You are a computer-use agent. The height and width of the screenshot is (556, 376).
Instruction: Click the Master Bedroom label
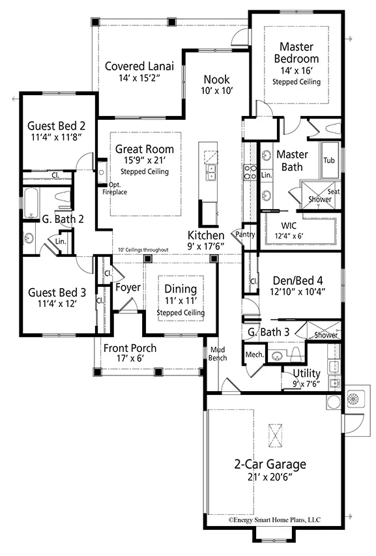(296, 53)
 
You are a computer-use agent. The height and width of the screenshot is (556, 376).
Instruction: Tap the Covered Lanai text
(139, 66)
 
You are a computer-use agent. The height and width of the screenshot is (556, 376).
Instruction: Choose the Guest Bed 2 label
(57, 124)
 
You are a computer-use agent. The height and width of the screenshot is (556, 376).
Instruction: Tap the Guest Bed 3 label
(57, 293)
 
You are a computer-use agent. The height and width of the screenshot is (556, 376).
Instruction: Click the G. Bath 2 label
(46, 219)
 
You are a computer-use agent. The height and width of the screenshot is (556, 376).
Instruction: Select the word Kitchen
(206, 235)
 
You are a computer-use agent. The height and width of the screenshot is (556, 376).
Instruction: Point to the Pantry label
(245, 234)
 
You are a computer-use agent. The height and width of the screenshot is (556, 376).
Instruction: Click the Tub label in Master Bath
(329, 160)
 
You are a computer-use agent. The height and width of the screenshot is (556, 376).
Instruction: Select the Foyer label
(128, 287)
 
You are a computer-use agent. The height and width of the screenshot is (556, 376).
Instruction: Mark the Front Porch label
(130, 348)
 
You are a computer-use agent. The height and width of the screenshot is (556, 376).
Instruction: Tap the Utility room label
(306, 373)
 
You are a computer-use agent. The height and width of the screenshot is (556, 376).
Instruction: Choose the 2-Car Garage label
(270, 465)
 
